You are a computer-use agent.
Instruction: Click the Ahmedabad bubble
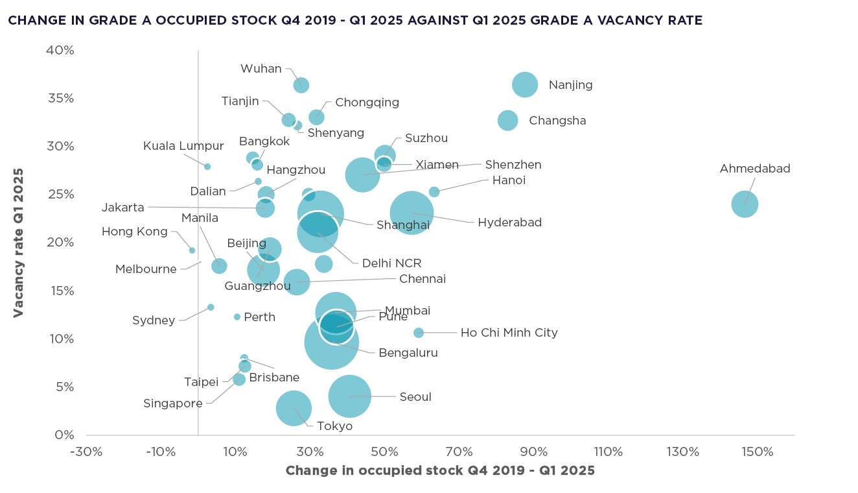pyautogui.click(x=745, y=204)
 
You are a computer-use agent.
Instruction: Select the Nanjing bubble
pyautogui.click(x=525, y=84)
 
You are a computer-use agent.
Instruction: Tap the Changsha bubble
pyautogui.click(x=508, y=120)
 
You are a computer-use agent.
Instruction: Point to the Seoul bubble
pyautogui.click(x=349, y=396)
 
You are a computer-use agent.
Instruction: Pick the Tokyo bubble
pyautogui.click(x=294, y=408)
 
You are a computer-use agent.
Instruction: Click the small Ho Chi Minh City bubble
pyautogui.click(x=419, y=333)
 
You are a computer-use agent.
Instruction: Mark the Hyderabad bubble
pyautogui.click(x=412, y=213)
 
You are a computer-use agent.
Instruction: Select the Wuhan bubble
pyautogui.click(x=301, y=85)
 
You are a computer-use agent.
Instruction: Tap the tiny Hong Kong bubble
pyautogui.click(x=192, y=250)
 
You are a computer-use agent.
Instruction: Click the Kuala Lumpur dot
pyautogui.click(x=207, y=167)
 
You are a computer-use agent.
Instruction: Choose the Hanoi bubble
pyautogui.click(x=434, y=192)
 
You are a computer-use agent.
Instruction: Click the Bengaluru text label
pyautogui.click(x=408, y=353)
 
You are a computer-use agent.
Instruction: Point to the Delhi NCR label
pyautogui.click(x=391, y=263)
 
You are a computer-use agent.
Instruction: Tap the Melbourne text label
pyautogui.click(x=146, y=269)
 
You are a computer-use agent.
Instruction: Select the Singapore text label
pyautogui.click(x=173, y=403)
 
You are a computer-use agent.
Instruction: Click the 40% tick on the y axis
pyautogui.click(x=60, y=51)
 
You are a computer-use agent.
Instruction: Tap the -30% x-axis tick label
pyautogui.click(x=87, y=451)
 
